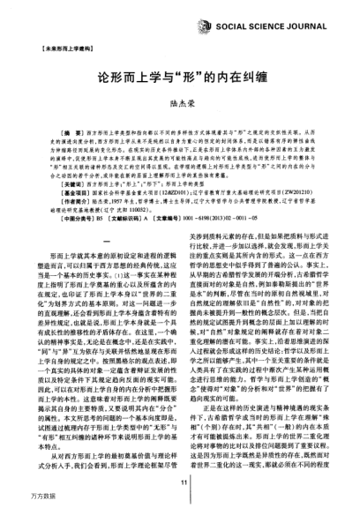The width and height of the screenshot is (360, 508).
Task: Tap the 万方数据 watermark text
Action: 19,499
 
